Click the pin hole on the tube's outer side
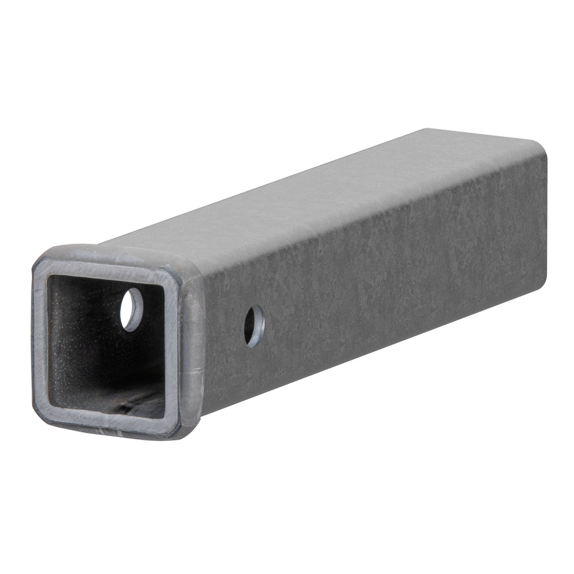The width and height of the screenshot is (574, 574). pyautogui.click(x=254, y=326)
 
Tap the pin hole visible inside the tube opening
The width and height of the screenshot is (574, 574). pyautogui.click(x=132, y=309)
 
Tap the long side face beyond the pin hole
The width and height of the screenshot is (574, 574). pyautogui.click(x=392, y=269)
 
